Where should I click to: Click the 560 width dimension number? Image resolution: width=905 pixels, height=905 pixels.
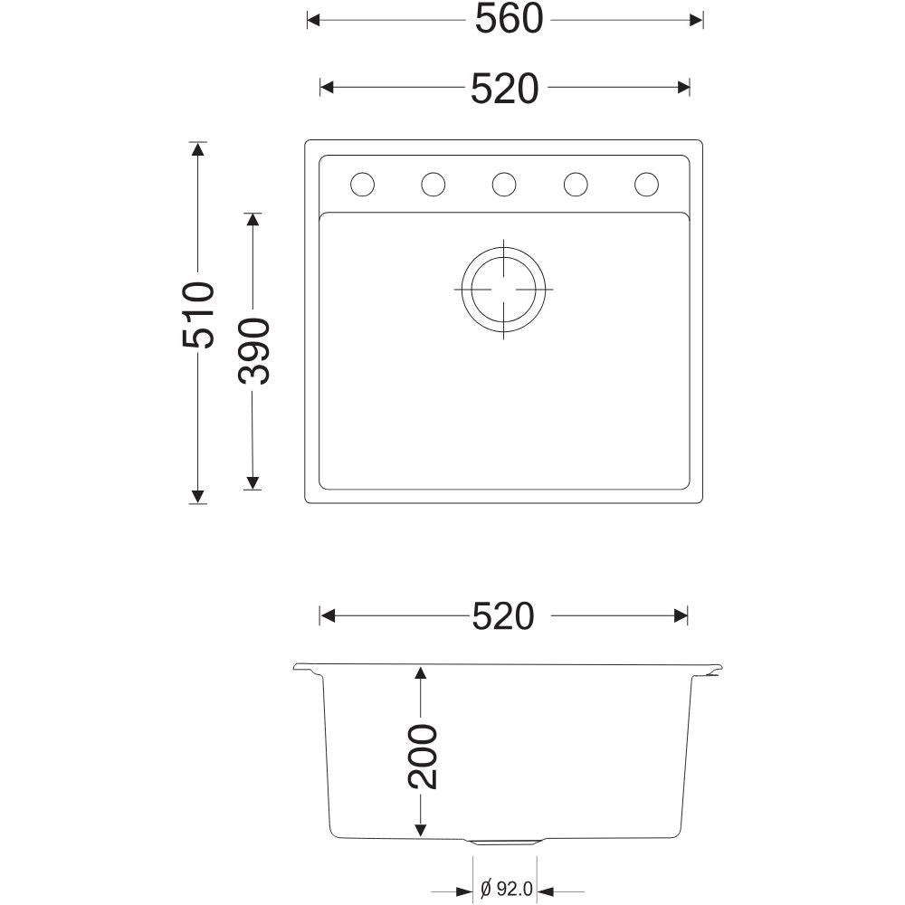coord(509,19)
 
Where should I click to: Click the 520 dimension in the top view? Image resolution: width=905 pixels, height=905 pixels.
coord(504,89)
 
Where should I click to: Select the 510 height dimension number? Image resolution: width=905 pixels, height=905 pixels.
coord(198,315)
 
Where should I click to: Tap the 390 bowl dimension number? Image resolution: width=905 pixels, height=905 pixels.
coord(253,351)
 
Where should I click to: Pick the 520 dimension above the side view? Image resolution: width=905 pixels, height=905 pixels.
coord(503,616)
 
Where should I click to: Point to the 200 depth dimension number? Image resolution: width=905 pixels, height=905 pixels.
coord(423,757)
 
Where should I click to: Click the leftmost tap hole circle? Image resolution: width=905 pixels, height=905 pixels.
coord(363,185)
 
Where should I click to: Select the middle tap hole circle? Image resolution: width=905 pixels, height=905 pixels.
coord(504,185)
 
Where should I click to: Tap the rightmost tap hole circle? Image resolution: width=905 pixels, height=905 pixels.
coord(646,185)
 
